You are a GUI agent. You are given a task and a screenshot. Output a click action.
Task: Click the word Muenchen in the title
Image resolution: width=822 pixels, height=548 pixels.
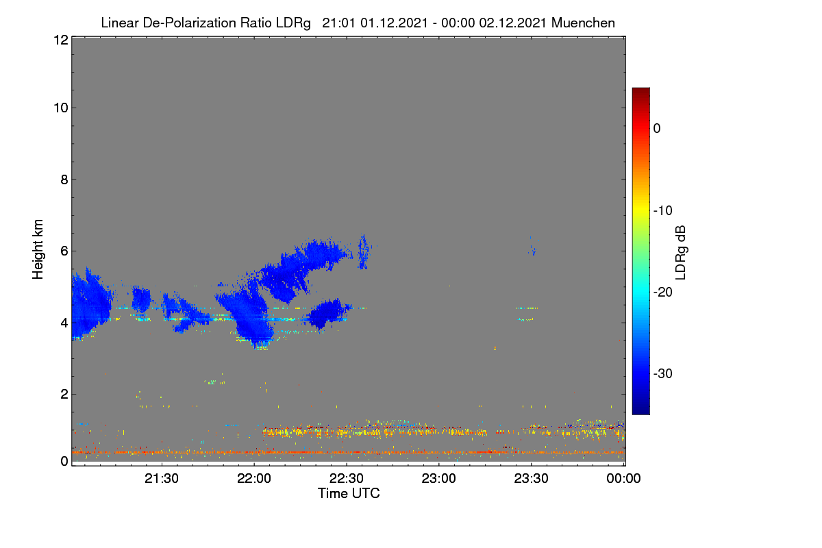pos(583,23)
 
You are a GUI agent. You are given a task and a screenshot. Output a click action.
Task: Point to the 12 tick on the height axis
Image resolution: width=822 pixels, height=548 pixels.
pos(61,40)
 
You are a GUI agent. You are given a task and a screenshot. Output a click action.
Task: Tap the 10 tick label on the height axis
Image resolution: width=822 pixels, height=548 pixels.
pos(61,108)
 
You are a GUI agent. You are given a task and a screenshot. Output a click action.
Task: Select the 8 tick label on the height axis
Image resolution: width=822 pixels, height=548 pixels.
pos(64,179)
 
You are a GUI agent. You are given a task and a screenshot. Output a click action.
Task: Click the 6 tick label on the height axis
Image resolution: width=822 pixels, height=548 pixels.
pos(64,251)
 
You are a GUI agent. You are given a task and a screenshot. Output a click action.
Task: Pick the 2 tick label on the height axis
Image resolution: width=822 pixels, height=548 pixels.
pos(64,394)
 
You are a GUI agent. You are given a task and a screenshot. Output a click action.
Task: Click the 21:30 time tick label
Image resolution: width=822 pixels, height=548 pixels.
pos(162,478)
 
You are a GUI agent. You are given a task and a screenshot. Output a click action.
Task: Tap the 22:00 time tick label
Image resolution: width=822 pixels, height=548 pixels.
pos(254,478)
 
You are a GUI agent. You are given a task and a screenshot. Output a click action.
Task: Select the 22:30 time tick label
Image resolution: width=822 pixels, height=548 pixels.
pos(347,478)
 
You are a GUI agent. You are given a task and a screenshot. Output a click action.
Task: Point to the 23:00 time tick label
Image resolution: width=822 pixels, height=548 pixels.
pos(438,478)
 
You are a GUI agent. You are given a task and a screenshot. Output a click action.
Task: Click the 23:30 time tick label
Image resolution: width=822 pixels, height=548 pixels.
pos(531,478)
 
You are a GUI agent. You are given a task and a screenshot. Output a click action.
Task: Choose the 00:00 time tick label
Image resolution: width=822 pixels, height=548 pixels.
pos(623,478)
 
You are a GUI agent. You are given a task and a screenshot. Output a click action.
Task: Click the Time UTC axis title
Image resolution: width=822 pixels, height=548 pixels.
pos(349,493)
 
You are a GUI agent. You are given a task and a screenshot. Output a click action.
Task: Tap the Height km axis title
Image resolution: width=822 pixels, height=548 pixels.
pos(38,249)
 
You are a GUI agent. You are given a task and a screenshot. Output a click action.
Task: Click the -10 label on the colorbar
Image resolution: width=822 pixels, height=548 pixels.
pos(663,211)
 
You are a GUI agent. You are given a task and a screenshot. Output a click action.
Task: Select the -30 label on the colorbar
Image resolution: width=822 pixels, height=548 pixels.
pos(663,373)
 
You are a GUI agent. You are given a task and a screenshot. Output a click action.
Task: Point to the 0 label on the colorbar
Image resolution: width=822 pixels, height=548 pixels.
pos(657,129)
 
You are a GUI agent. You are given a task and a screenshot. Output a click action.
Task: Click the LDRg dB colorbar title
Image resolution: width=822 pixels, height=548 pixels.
pos(681,253)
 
